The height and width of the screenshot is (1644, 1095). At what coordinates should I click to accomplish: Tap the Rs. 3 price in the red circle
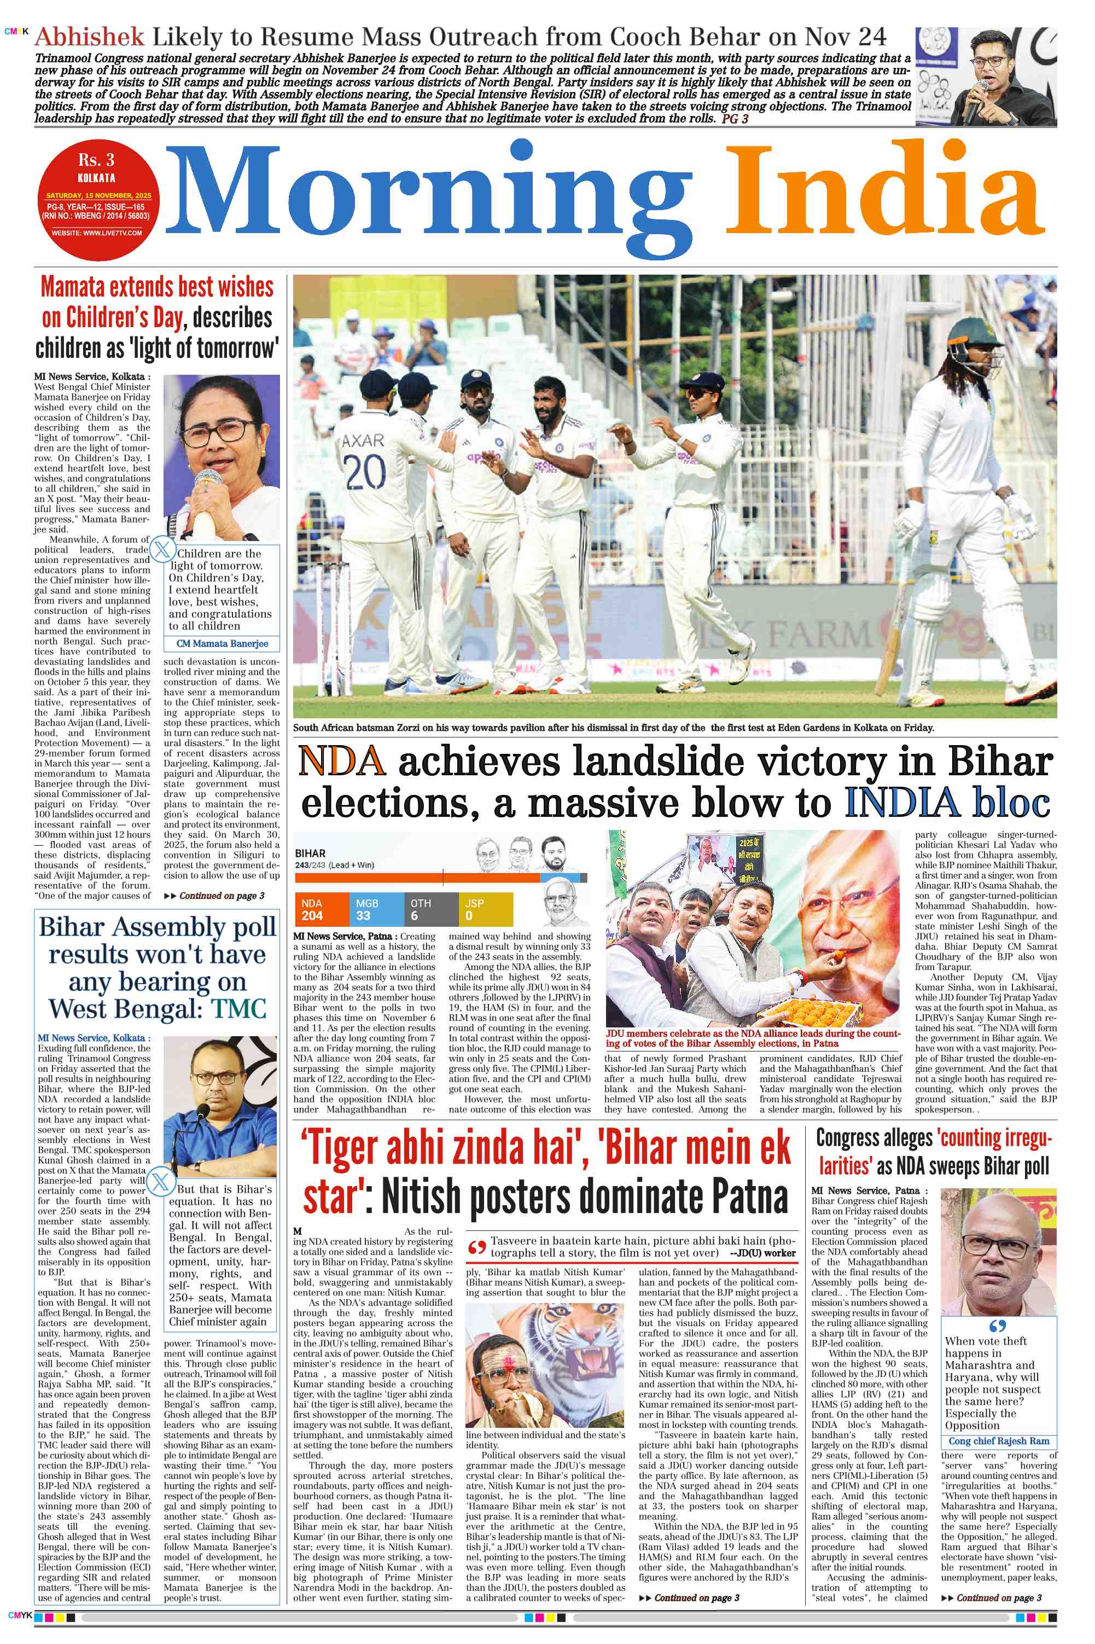[96, 160]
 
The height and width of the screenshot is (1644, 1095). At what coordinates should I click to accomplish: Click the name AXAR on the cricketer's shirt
[363, 440]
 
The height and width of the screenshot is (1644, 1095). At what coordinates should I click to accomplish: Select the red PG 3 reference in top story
[735, 119]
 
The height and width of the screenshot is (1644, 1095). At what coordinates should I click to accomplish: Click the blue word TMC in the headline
[239, 1009]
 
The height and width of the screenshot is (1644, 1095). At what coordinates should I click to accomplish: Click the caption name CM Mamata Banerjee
[222, 643]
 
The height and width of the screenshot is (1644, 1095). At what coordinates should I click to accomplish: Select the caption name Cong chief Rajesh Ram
[998, 1441]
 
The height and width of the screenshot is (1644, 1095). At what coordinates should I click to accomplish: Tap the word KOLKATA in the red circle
[96, 179]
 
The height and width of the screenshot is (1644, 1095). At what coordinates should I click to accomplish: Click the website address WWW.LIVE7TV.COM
[96, 233]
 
